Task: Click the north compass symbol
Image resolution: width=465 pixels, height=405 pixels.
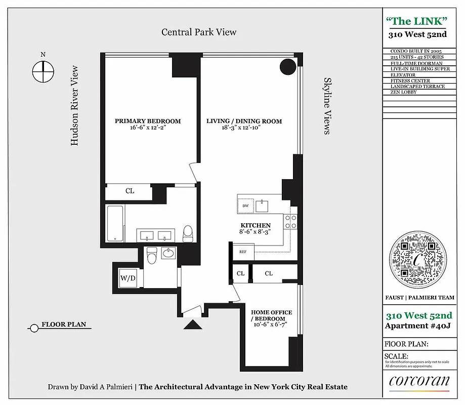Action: (43, 71)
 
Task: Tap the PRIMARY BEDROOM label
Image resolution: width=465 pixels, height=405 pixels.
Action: (148, 121)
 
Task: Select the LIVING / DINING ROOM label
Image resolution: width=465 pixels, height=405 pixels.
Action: (244, 121)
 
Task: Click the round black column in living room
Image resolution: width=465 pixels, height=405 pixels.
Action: (288, 67)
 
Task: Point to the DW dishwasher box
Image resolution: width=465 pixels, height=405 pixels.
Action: (245, 206)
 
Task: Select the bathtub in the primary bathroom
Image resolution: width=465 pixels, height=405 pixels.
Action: (116, 223)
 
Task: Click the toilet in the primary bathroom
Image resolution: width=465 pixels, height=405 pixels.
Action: (188, 233)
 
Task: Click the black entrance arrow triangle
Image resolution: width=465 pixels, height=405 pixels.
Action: (193, 324)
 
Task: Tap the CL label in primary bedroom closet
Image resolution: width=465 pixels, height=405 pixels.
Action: (130, 191)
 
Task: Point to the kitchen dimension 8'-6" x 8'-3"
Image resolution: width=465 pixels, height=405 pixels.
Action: (255, 231)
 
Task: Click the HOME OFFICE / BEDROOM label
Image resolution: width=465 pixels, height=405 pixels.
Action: (272, 315)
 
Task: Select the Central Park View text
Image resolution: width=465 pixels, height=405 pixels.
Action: (199, 32)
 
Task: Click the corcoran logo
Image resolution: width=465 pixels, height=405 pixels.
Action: (418, 382)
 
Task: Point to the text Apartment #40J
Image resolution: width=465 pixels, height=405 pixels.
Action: (418, 326)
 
